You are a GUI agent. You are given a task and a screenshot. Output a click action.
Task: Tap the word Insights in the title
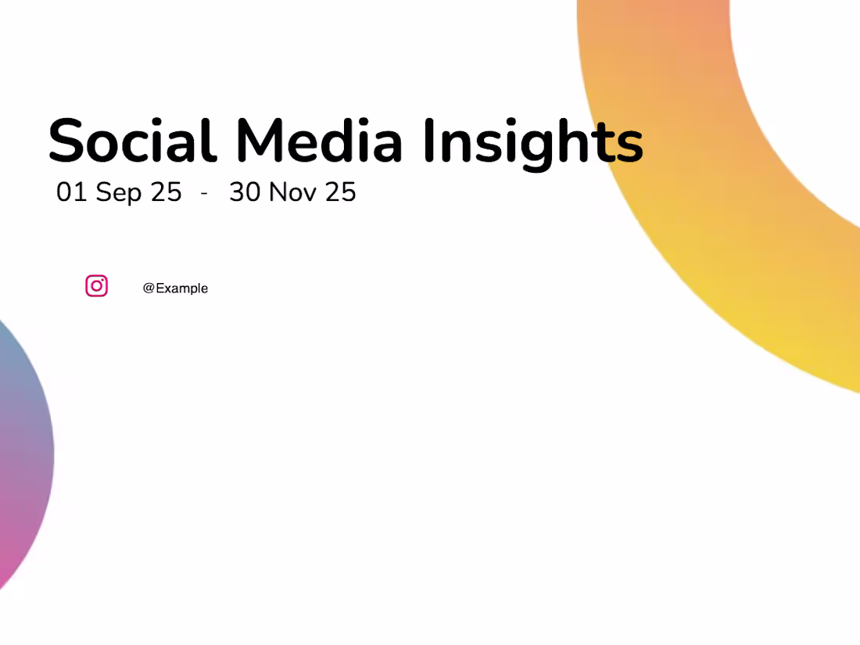[x=533, y=142]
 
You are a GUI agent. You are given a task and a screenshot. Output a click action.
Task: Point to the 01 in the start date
[x=71, y=192]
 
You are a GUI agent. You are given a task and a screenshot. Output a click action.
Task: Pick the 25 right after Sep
[x=166, y=192]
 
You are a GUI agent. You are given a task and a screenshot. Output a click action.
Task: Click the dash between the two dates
[x=204, y=193]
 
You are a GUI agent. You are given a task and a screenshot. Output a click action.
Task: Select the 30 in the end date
[x=245, y=192]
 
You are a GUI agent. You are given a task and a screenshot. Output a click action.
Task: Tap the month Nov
[x=293, y=192]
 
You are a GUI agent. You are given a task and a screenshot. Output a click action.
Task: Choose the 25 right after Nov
[x=341, y=192]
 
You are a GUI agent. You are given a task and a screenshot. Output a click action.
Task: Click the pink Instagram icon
[x=96, y=286]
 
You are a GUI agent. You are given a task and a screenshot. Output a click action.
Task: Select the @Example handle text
[x=175, y=288]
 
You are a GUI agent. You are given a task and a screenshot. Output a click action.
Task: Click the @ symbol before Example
[x=149, y=288]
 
